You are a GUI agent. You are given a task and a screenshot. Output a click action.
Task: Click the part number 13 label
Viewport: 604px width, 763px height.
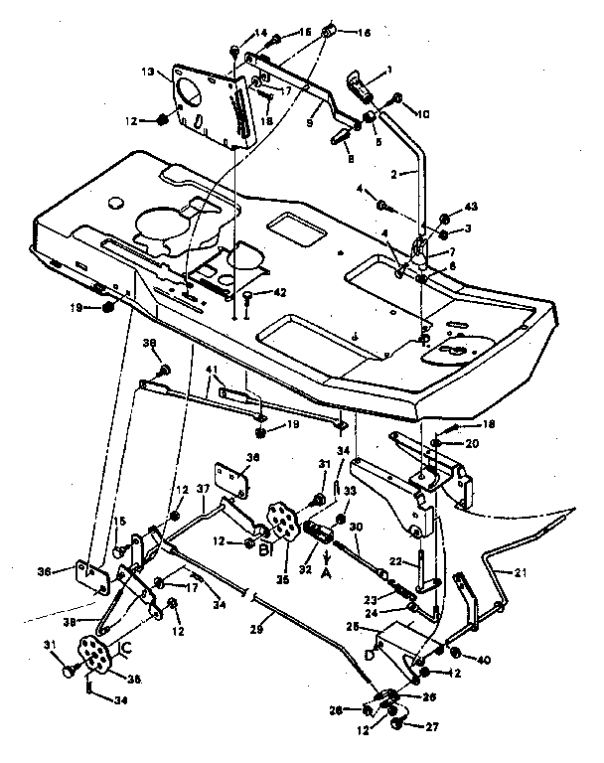click(x=147, y=74)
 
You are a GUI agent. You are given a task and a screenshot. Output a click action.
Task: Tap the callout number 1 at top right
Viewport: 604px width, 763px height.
click(x=389, y=69)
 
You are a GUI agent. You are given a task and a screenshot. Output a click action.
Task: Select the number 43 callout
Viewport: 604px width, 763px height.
click(x=471, y=206)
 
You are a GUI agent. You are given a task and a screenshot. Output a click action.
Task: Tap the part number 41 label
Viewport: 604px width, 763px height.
click(x=211, y=371)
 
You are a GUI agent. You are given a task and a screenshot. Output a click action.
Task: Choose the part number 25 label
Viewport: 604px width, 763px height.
click(x=378, y=628)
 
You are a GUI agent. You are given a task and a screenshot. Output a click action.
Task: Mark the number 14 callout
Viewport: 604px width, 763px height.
click(x=261, y=35)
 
